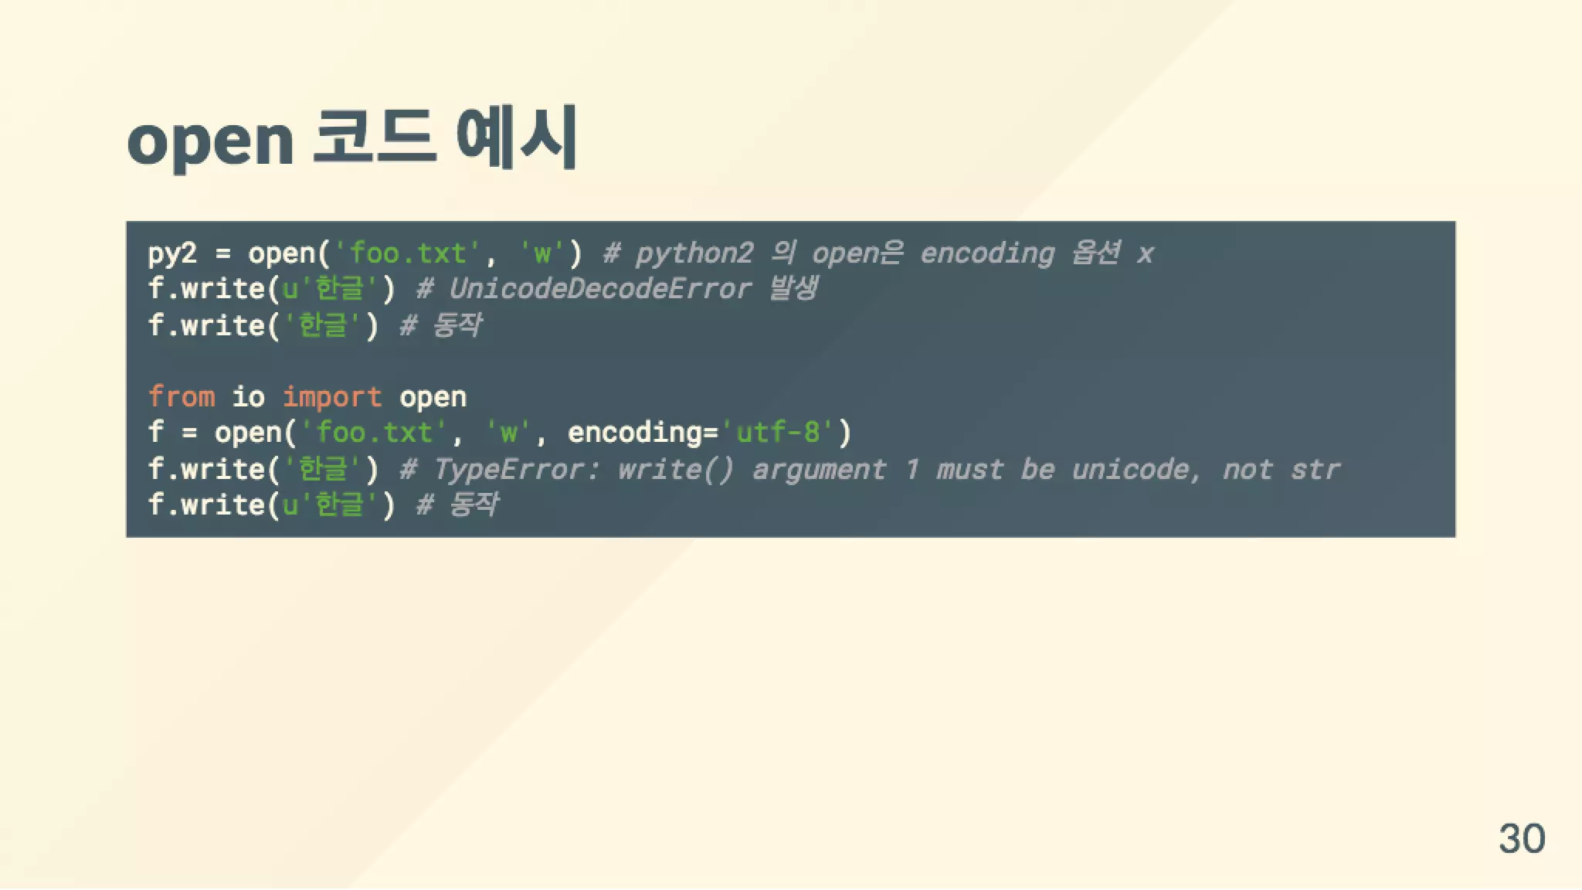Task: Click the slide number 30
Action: [1522, 838]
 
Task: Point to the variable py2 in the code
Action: [172, 253]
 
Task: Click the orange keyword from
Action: [182, 397]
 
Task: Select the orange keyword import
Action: [331, 397]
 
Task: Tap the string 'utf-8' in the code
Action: [779, 433]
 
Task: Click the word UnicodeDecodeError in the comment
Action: [599, 289]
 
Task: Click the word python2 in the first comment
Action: [694, 253]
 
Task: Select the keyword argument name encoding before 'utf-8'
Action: [634, 433]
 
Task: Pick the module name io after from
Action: [248, 397]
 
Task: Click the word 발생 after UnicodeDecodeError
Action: [793, 289]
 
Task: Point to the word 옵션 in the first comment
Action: [1095, 253]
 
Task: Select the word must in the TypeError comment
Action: [969, 469]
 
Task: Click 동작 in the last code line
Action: [474, 504]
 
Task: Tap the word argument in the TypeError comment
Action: [819, 469]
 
